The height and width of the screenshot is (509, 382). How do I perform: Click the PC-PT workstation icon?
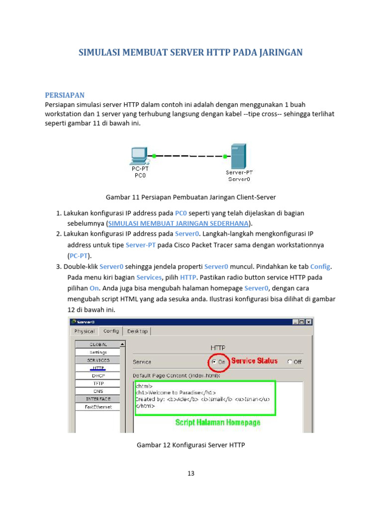point(138,156)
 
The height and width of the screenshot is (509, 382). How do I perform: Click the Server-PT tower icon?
point(238,156)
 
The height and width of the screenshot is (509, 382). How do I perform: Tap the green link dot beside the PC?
point(154,156)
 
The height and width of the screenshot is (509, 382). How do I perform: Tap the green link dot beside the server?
point(225,157)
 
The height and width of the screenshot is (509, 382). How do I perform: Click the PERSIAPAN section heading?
point(65,95)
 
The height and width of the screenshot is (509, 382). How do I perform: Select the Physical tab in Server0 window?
point(85,331)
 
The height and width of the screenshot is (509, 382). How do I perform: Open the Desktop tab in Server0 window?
point(137,331)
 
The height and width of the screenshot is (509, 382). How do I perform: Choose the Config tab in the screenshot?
point(111,331)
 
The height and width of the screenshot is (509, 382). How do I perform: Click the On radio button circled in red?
point(214,362)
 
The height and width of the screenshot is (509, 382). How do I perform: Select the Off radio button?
point(290,362)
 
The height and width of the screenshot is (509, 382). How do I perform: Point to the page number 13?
point(191,473)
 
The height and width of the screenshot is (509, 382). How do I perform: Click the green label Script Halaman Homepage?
point(217,423)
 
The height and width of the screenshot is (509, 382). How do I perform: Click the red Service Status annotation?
point(254,361)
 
